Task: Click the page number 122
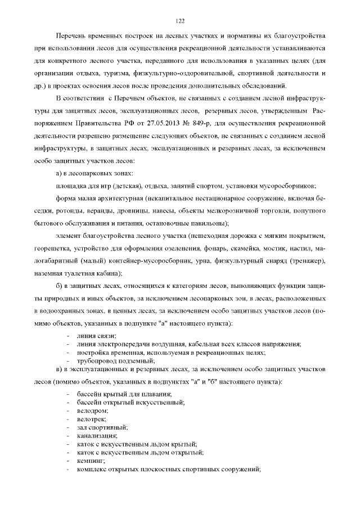[x=180, y=21]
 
